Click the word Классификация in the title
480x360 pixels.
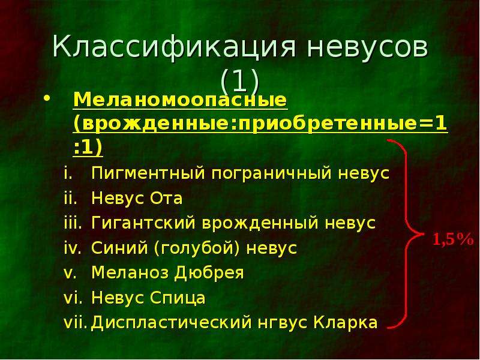click(x=175, y=47)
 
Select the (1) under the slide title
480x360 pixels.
click(x=239, y=81)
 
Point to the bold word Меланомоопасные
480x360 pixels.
click(x=181, y=100)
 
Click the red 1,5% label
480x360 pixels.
click(x=453, y=239)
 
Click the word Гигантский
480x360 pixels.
click(x=143, y=223)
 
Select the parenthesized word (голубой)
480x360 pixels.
click(x=197, y=248)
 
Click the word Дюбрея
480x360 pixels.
click(x=209, y=273)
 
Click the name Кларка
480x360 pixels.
click(x=346, y=323)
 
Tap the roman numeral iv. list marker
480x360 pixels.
click(x=73, y=247)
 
